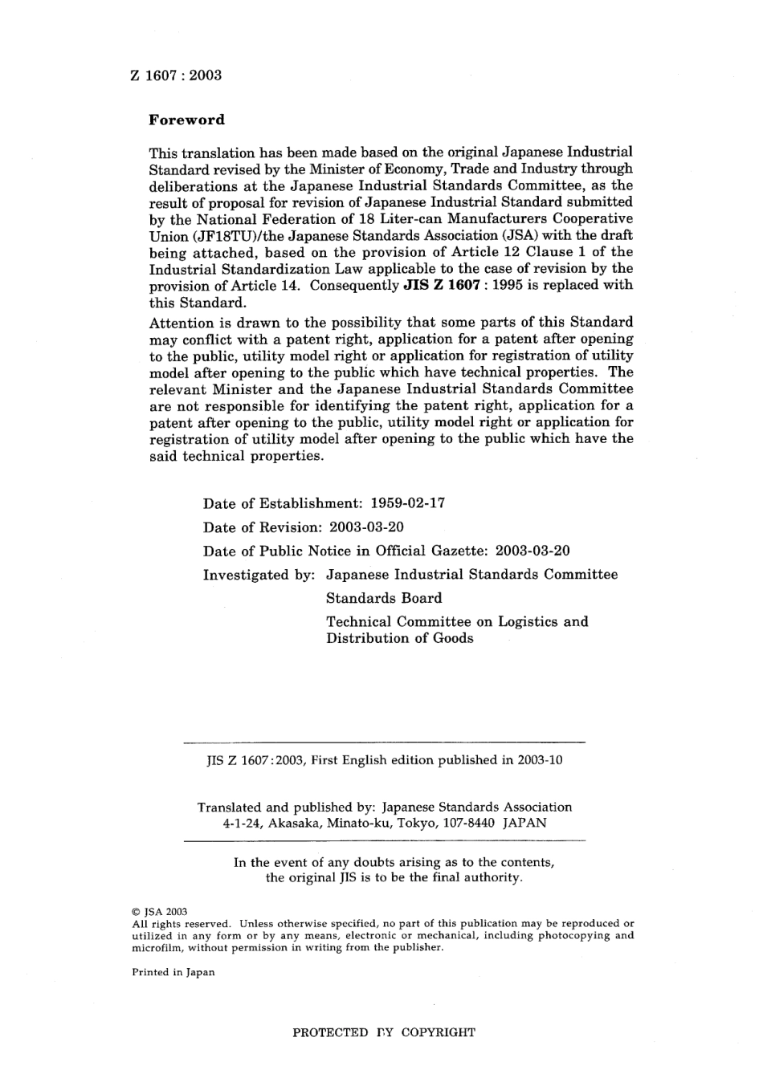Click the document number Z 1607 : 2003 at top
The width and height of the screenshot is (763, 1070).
175,75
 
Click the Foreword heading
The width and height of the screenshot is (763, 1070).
187,120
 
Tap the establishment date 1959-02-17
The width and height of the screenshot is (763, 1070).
407,504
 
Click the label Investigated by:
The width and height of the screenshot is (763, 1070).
260,575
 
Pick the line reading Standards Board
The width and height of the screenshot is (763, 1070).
383,598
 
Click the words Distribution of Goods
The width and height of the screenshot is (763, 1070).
399,639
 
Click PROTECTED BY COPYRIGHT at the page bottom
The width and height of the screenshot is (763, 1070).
384,1032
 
